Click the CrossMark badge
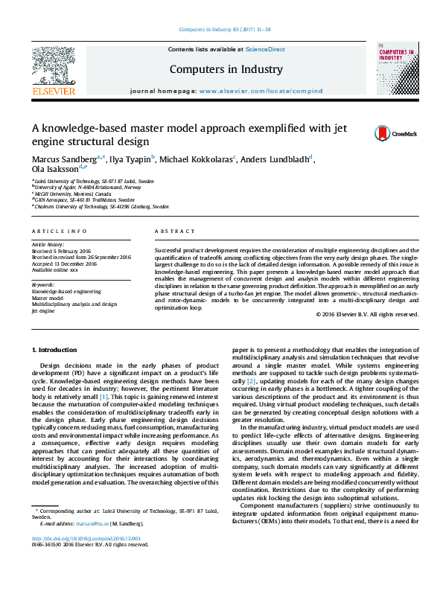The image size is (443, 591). click(395, 133)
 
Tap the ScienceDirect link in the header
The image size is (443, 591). click(265, 49)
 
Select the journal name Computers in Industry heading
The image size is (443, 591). click(226, 69)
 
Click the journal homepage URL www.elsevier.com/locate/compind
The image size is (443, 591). click(261, 91)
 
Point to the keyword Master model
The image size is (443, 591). click(47, 298)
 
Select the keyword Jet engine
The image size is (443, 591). click(43, 311)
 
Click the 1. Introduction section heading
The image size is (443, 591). click(56, 349)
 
